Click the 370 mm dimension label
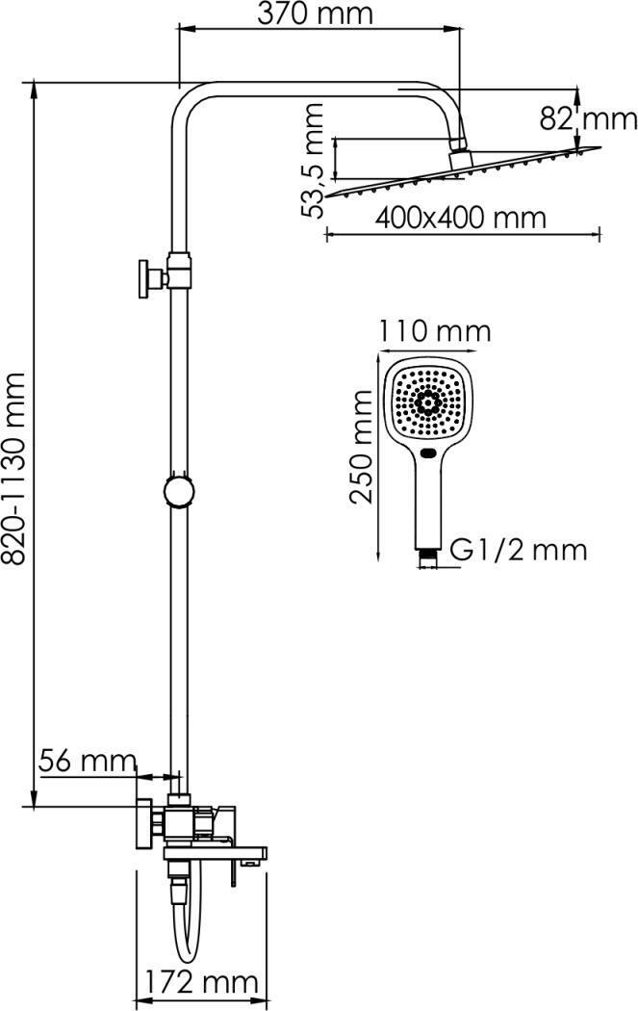tap(315, 13)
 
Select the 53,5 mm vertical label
tap(314, 161)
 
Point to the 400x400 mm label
tap(460, 218)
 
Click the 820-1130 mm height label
tap(14, 468)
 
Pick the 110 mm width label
tap(434, 331)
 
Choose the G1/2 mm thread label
tap(518, 551)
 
